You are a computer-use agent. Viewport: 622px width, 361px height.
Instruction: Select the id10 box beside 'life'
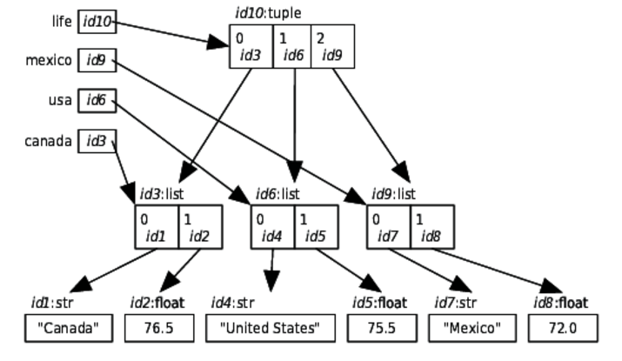click(97, 21)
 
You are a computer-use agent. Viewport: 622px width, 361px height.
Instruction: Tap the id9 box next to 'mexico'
click(96, 61)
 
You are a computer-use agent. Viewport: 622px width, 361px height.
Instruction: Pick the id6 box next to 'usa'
click(96, 100)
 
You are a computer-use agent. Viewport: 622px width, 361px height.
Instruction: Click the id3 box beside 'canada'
click(96, 140)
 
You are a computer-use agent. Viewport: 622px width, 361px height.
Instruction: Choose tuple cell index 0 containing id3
click(251, 46)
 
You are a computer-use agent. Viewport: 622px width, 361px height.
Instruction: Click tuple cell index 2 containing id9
click(335, 46)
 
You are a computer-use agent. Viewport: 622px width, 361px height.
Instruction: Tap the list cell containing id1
click(157, 226)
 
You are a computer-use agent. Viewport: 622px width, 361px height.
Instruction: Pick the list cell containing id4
click(272, 226)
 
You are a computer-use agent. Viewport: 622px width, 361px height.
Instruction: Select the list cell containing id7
click(388, 226)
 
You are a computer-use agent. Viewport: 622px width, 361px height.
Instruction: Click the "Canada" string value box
click(69, 328)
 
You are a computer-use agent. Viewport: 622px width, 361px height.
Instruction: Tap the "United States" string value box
click(271, 328)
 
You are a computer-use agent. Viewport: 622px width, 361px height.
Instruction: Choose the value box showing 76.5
click(158, 328)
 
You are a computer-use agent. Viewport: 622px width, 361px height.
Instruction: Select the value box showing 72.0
click(561, 328)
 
